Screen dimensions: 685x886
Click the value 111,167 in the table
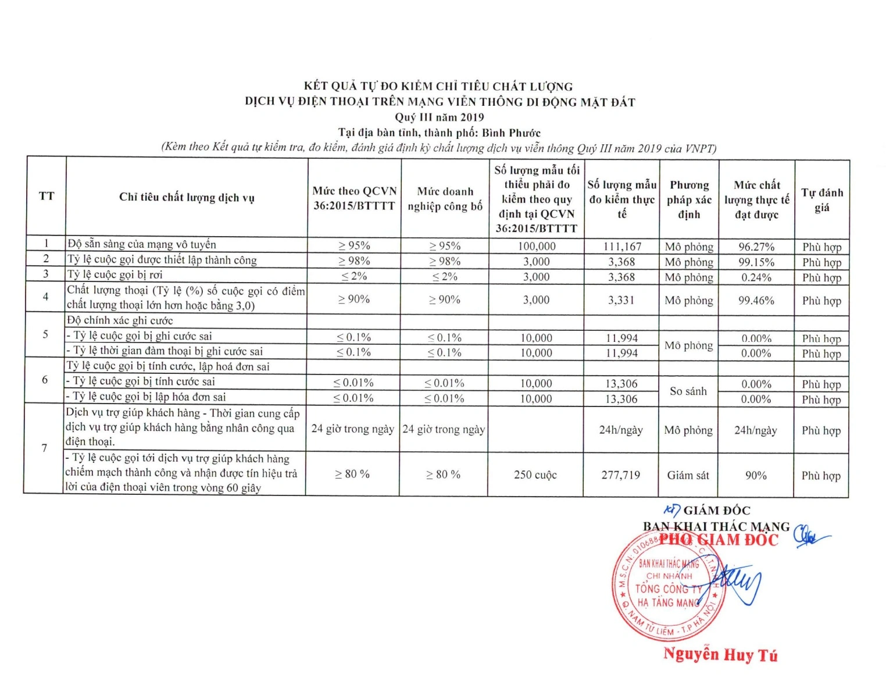click(x=621, y=247)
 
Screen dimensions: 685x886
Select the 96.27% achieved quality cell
click(x=756, y=247)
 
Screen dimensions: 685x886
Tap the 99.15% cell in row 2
click(x=756, y=262)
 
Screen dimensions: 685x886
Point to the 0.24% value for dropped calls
click(x=756, y=277)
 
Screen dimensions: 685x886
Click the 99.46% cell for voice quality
click(x=756, y=301)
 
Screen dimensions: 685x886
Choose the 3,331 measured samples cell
click(x=621, y=300)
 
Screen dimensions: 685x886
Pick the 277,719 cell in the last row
click(x=621, y=475)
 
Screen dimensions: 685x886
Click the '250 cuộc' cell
click(x=535, y=475)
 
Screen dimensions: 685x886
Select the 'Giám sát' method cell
click(x=688, y=475)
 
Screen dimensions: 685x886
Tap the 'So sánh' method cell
click(x=688, y=391)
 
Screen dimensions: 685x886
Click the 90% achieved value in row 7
click(x=756, y=475)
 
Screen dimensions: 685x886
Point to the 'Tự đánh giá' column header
click(x=822, y=200)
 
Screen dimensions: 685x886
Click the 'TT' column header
click(x=47, y=196)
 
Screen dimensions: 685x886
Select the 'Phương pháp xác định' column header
click(x=689, y=199)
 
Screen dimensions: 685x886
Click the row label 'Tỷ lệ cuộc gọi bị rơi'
click(x=115, y=274)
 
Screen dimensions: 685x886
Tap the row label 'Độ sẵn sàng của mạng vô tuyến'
click(x=141, y=244)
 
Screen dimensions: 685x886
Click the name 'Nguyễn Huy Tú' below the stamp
click(x=720, y=655)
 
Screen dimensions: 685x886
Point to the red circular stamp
click(x=669, y=587)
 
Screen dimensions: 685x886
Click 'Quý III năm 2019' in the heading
click(x=440, y=117)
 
